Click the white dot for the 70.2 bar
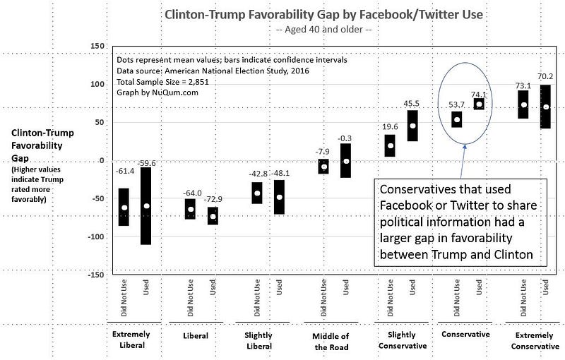click(x=545, y=107)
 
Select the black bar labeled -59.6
click(x=147, y=205)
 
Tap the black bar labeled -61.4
click(x=124, y=207)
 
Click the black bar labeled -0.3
click(x=346, y=160)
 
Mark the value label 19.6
click(x=390, y=127)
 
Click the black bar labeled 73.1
click(x=523, y=104)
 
